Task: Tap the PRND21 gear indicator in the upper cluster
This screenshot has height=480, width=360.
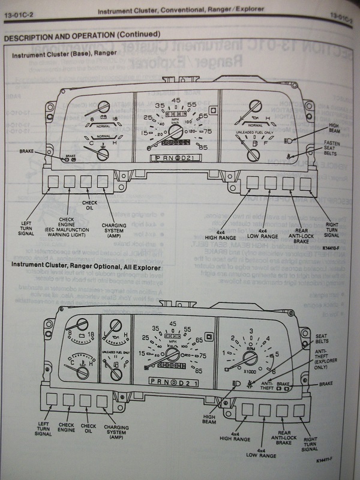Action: pos(175,158)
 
